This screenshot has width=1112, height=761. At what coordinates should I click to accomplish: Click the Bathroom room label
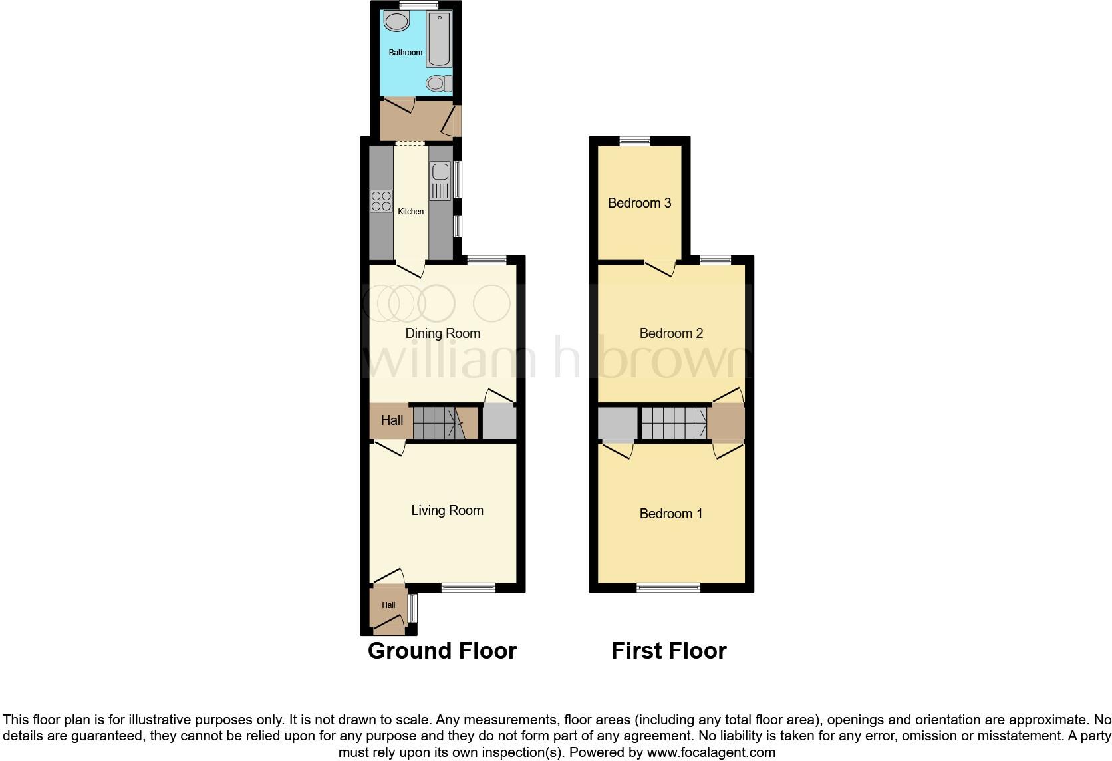(x=405, y=52)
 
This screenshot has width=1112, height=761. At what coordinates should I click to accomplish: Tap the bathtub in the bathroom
(x=439, y=39)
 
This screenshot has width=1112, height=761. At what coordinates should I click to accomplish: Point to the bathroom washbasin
(x=397, y=22)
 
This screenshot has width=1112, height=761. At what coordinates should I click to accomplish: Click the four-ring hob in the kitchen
(x=381, y=201)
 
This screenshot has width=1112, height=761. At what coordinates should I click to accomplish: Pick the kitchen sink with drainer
(x=440, y=181)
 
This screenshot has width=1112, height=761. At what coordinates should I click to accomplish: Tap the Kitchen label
(x=410, y=212)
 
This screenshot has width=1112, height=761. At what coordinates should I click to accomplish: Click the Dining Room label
(x=442, y=333)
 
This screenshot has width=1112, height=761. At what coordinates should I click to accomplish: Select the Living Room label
(x=447, y=510)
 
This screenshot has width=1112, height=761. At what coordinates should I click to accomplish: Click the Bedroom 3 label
(x=639, y=203)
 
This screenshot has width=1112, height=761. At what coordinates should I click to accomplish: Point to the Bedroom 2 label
(x=670, y=333)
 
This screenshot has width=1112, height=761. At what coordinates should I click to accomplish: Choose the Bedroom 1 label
(x=670, y=514)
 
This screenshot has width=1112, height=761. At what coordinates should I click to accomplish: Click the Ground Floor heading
(x=442, y=651)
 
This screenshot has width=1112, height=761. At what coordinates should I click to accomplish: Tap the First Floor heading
(x=668, y=651)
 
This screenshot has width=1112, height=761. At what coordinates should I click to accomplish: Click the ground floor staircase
(x=438, y=422)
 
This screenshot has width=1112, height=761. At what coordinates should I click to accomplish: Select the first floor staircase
(x=673, y=422)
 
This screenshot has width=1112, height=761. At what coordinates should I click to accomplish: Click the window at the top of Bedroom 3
(x=634, y=141)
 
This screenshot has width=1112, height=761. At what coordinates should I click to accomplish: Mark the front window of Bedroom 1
(x=668, y=587)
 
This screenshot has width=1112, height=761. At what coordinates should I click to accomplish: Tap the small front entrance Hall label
(x=388, y=605)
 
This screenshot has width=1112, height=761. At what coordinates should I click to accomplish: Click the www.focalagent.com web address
(x=711, y=753)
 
